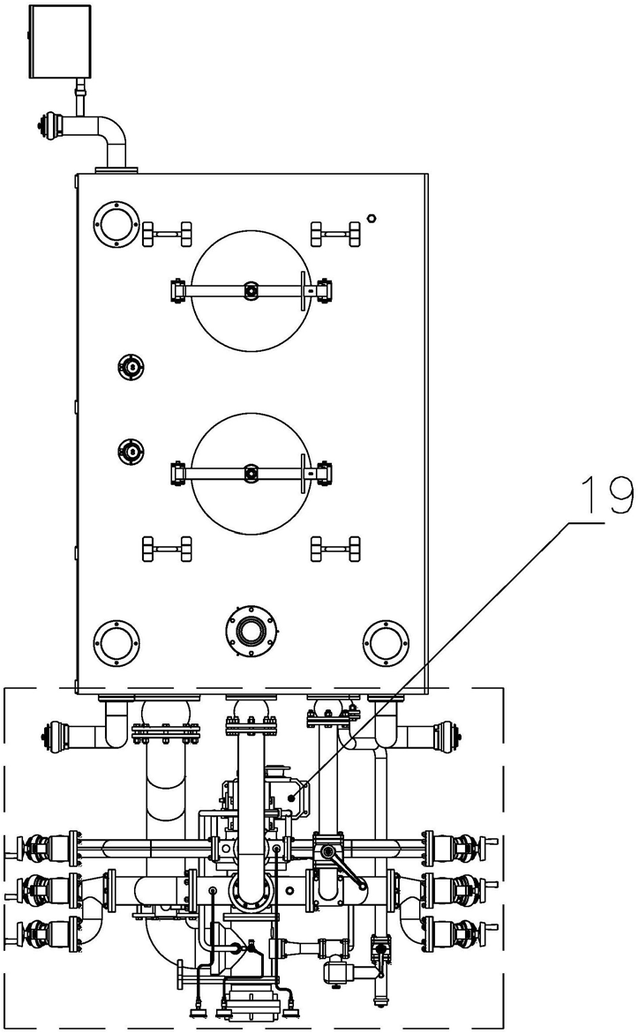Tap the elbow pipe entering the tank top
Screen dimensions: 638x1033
pyautogui.click(x=106, y=138)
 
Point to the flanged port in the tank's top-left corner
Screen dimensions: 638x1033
pyautogui.click(x=116, y=225)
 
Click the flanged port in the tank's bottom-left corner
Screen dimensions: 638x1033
pyautogui.click(x=116, y=642)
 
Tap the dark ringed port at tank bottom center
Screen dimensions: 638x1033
pyautogui.click(x=251, y=632)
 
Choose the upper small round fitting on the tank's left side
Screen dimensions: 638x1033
pyautogui.click(x=131, y=367)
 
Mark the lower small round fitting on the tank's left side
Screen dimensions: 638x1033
pyautogui.click(x=131, y=451)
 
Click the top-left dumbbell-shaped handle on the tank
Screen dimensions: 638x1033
pyautogui.click(x=167, y=233)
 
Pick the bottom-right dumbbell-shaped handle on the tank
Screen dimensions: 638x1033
pyautogui.click(x=336, y=548)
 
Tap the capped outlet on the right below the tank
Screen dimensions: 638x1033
pyautogui.click(x=422, y=731)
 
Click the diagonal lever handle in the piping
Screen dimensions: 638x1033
pyautogui.click(x=343, y=869)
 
